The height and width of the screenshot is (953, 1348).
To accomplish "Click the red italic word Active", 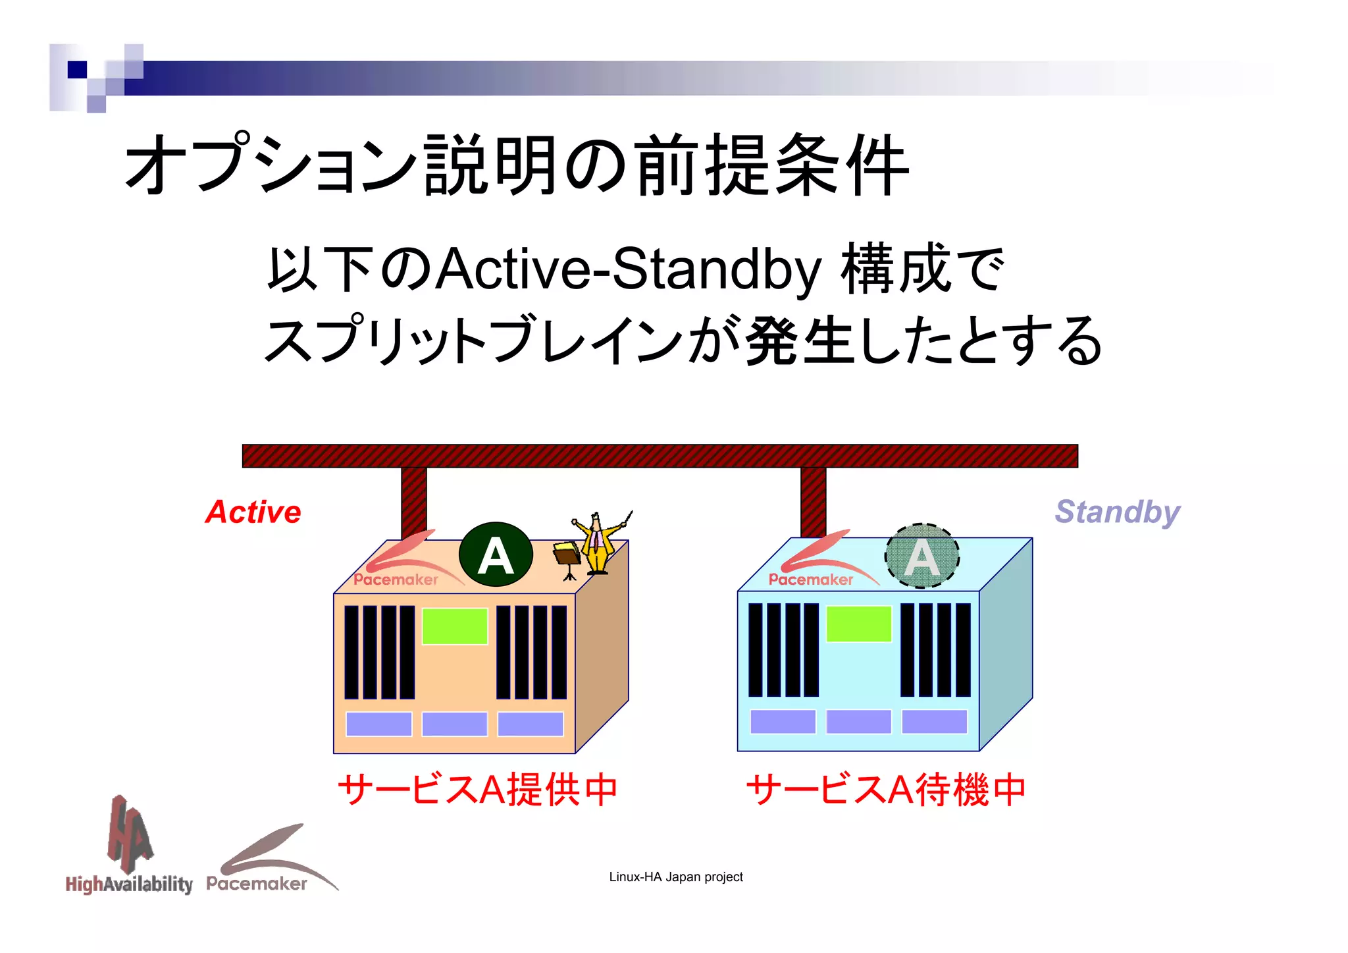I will click(x=253, y=512).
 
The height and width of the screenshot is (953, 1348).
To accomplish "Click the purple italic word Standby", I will click(x=1117, y=512).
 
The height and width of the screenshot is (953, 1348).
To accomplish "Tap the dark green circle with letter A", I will click(x=496, y=555).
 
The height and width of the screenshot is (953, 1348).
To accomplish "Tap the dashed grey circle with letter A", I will click(x=921, y=556).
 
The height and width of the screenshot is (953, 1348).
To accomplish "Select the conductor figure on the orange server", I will click(x=598, y=545).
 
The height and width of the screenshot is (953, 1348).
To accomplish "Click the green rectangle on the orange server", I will click(x=455, y=626).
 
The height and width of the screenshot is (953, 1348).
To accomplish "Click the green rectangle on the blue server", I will click(x=858, y=623).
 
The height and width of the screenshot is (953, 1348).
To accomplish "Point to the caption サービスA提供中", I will click(x=478, y=789).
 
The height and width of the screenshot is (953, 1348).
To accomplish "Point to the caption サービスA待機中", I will click(x=886, y=789).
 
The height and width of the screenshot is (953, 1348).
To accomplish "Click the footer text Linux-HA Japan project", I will click(x=676, y=877).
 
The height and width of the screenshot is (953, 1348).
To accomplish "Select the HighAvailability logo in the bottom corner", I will click(x=129, y=850).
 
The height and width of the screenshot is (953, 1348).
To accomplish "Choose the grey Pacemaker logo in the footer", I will click(x=267, y=863).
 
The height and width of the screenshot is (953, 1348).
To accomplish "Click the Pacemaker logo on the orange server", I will click(x=402, y=563).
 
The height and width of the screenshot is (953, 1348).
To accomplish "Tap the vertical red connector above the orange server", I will click(x=414, y=501).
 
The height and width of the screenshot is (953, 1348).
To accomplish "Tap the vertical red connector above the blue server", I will click(x=814, y=501).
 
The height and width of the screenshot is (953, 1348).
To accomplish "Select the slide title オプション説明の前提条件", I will click(x=517, y=165).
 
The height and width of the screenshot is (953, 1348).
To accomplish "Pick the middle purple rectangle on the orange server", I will click(x=455, y=724).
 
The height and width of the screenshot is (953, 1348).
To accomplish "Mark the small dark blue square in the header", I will click(x=77, y=69).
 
